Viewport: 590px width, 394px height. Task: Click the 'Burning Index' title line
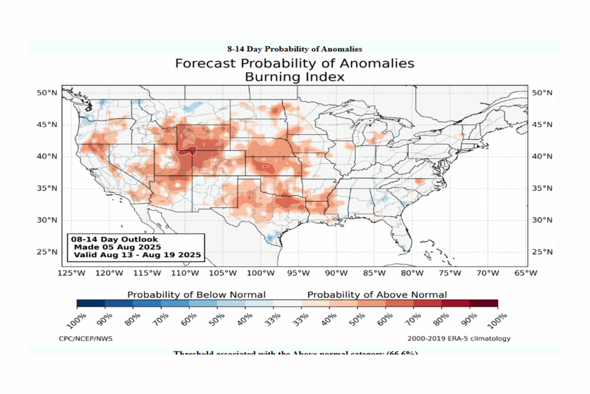[294, 76]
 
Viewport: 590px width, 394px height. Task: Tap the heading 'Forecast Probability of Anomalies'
[294, 63]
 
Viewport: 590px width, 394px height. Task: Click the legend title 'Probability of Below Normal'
[196, 294]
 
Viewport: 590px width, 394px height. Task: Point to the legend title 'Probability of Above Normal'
[377, 294]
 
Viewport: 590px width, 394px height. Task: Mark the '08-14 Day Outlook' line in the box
[114, 239]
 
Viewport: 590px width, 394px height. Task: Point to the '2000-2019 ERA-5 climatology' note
[459, 339]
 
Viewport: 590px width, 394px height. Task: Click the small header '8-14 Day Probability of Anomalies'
[294, 48]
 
